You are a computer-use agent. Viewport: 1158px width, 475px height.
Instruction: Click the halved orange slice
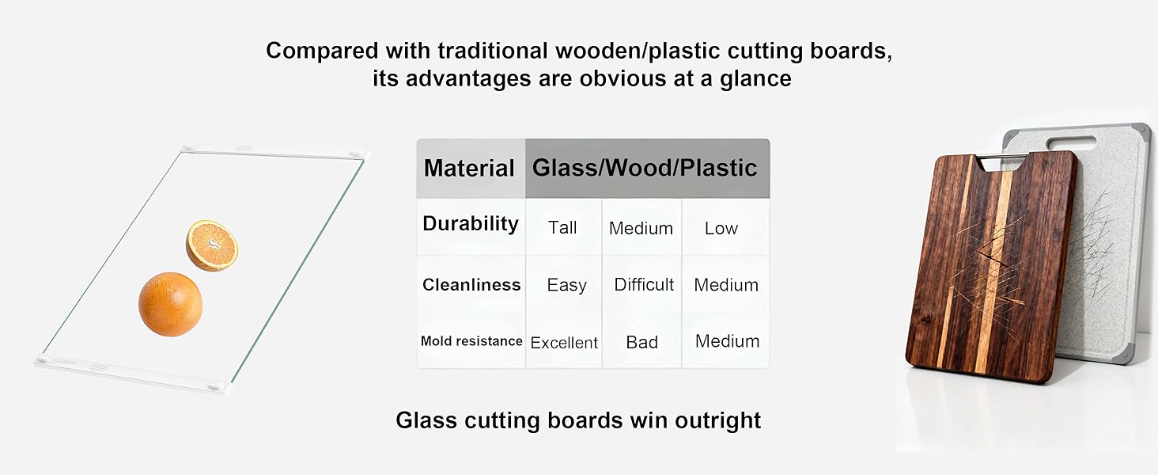pos(212,245)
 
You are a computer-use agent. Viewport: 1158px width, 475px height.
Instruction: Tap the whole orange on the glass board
pos(170,304)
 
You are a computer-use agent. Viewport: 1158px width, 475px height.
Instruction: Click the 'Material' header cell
pos(470,168)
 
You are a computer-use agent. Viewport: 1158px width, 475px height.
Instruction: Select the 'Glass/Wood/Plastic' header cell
pos(645,168)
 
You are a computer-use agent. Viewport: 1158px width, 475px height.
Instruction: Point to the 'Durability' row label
pos(470,224)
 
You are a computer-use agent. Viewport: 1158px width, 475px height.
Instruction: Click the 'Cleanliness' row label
pos(471,285)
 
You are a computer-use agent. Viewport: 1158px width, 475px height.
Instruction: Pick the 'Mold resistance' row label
pos(471,341)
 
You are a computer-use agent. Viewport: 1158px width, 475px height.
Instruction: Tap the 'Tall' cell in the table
pos(562,228)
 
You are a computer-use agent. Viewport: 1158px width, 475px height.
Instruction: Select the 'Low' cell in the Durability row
pos(721,228)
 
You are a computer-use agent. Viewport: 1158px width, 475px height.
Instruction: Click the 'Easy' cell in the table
pos(566,285)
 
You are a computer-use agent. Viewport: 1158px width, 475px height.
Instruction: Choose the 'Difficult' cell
pos(644,285)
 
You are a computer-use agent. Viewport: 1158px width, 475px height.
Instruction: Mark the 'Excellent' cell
pos(564,343)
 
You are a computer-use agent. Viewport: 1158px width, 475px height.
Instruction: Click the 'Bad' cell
pos(641,343)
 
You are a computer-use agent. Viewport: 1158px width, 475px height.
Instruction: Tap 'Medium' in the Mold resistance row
pos(727,341)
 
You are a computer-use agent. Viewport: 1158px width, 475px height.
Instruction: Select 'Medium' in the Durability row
pos(641,229)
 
